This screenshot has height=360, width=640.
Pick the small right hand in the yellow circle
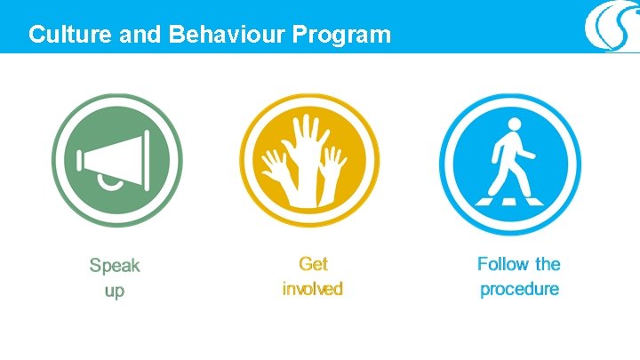333,165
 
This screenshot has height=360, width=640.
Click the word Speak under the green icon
115,266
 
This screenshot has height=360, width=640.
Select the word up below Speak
115,291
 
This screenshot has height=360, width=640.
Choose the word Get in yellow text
313,264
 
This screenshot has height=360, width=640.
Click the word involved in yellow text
312,289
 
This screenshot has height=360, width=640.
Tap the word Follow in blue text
503,264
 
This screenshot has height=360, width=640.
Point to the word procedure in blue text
519,289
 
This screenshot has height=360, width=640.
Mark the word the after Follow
548,264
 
